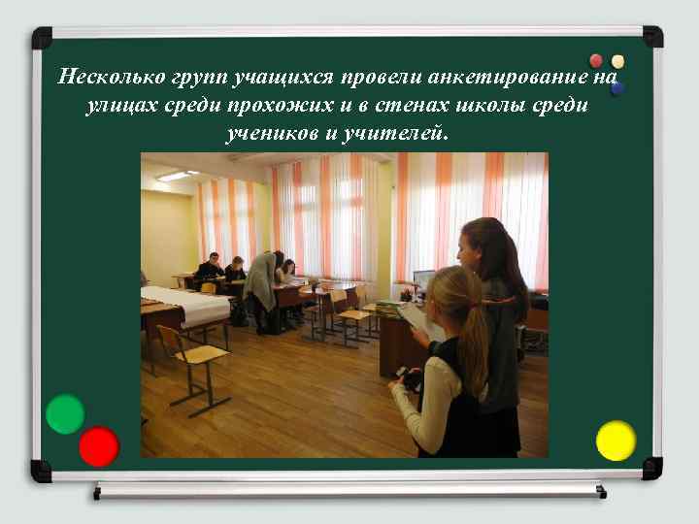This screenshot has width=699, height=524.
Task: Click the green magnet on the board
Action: pyautogui.click(x=64, y=414)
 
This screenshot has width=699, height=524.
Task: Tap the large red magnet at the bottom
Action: pyautogui.click(x=98, y=446)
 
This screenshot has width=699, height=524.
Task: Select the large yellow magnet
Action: pyautogui.click(x=616, y=441)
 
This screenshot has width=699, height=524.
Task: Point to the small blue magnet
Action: pyautogui.click(x=617, y=88)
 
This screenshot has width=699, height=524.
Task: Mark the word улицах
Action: pyautogui.click(x=116, y=105)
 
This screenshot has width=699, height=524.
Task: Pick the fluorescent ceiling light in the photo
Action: pyautogui.click(x=176, y=176)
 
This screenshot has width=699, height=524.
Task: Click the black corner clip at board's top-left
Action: pyautogui.click(x=42, y=38)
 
